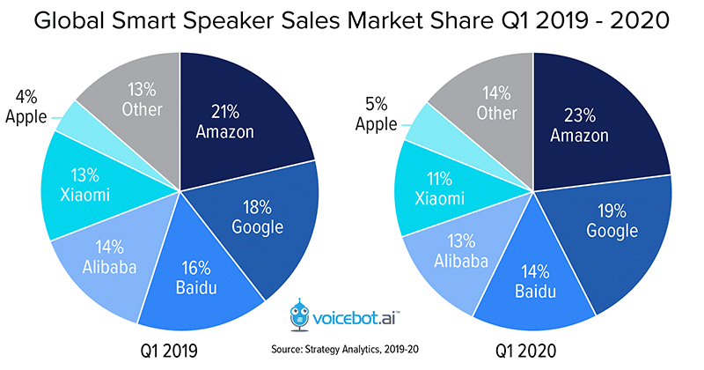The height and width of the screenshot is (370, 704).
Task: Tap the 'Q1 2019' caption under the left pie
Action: click(169, 351)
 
